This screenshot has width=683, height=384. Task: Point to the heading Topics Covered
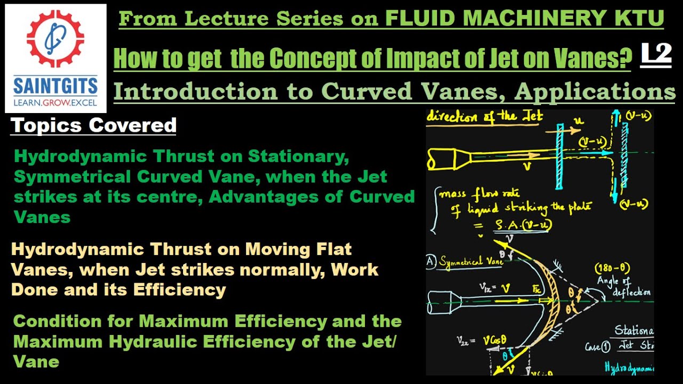pos(93,125)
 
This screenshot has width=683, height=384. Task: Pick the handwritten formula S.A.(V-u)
pos(521,226)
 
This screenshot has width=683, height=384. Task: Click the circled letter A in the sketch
pos(431,262)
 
